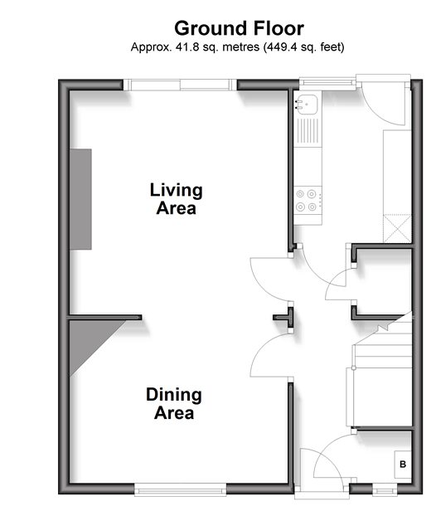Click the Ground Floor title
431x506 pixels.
[x=239, y=28]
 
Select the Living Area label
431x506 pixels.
[x=176, y=199]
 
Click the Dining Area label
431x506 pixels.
[x=174, y=403]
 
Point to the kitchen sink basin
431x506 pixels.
[x=307, y=104]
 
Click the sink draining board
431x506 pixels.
[x=308, y=131]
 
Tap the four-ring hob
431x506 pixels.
[x=308, y=200]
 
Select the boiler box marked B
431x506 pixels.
[x=403, y=464]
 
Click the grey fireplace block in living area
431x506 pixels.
[x=80, y=199]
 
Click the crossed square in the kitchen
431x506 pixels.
[x=397, y=228]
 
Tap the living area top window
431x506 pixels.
[x=180, y=85]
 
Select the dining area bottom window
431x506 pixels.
[x=180, y=490]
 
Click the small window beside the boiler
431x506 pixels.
[x=385, y=491]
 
